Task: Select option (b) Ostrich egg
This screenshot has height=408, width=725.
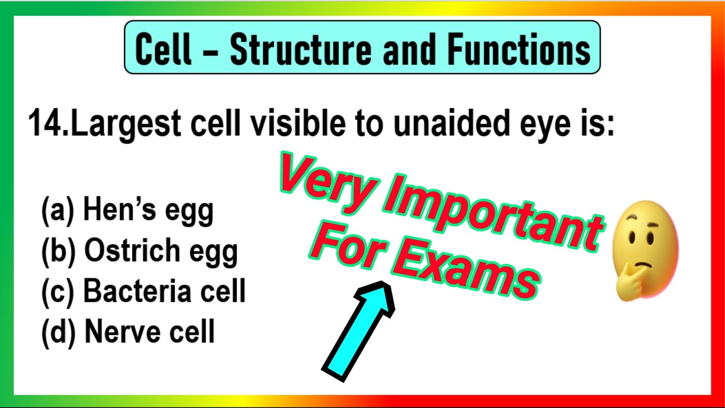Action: click(139, 251)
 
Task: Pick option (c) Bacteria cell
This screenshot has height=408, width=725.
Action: click(143, 291)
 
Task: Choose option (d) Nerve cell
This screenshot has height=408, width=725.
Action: click(128, 331)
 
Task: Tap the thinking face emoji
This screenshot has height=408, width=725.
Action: click(646, 249)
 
